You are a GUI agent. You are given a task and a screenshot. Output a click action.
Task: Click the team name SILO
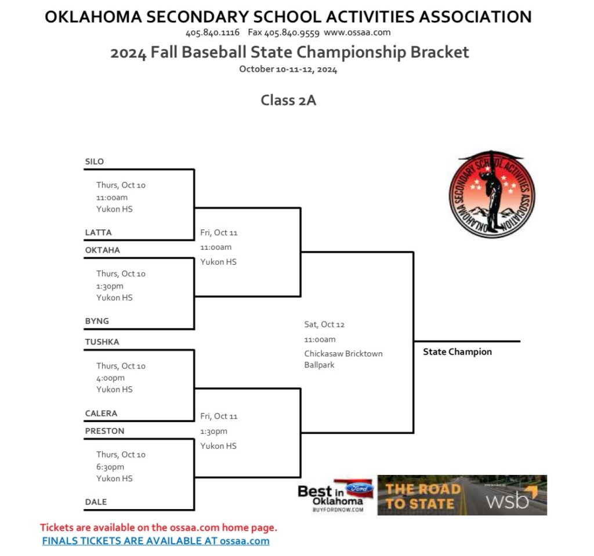[x=95, y=162]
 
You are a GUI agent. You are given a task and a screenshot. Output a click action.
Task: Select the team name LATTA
[x=98, y=232]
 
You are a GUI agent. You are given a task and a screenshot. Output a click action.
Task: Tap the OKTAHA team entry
[x=103, y=250]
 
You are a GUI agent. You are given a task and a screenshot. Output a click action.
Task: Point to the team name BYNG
[x=97, y=321]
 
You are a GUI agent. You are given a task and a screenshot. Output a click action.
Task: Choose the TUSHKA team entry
[x=102, y=342]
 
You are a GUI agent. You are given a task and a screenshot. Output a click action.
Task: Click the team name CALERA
[x=101, y=413]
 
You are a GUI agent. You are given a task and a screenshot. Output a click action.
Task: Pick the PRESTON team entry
[x=104, y=431]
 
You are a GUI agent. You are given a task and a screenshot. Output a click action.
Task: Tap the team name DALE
[x=96, y=502]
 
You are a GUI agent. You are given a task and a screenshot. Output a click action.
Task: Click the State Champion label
[x=457, y=352]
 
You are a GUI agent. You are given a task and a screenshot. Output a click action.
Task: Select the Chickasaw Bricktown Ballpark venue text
[x=343, y=359]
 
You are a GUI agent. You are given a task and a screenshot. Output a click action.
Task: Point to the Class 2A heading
[x=288, y=100]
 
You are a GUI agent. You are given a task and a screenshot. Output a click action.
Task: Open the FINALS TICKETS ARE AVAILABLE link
[x=155, y=541]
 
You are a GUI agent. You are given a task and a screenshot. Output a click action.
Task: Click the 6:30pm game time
[x=110, y=467]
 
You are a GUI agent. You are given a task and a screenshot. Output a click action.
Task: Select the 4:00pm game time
[x=110, y=378]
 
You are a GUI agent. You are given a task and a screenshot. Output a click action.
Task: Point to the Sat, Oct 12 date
[x=324, y=324]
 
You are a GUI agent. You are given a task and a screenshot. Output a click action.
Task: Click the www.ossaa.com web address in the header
[x=357, y=32]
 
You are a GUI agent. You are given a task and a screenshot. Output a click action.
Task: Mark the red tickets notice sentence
[x=158, y=528]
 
